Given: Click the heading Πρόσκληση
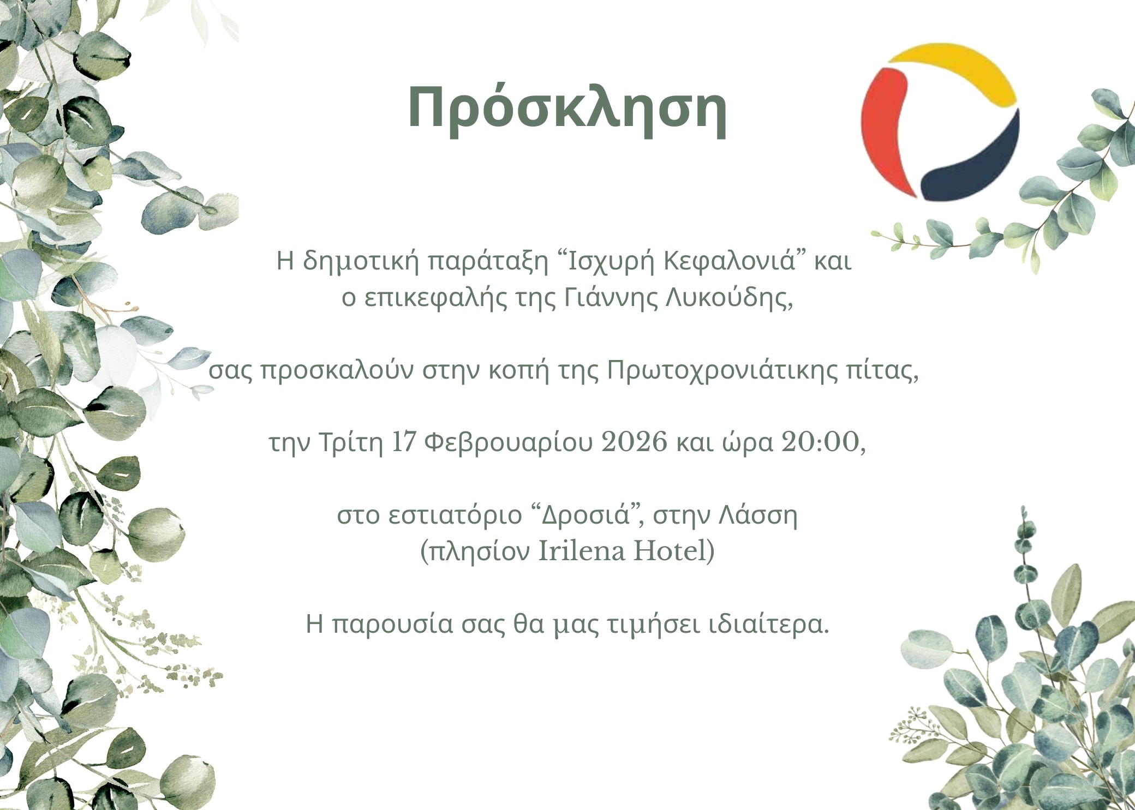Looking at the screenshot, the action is [x=567, y=110].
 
